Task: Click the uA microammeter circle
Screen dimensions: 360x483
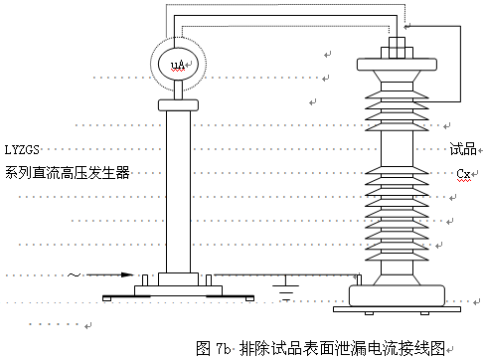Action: click(x=179, y=65)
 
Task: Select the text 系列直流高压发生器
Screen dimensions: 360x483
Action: click(x=67, y=172)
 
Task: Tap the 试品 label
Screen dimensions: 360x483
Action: click(x=461, y=149)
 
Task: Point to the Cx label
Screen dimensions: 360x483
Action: click(x=463, y=173)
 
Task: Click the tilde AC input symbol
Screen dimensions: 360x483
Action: click(x=73, y=273)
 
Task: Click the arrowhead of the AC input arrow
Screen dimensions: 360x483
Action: click(x=128, y=274)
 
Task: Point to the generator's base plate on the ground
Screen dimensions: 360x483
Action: click(x=179, y=293)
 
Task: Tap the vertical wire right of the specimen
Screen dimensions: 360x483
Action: click(x=460, y=65)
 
